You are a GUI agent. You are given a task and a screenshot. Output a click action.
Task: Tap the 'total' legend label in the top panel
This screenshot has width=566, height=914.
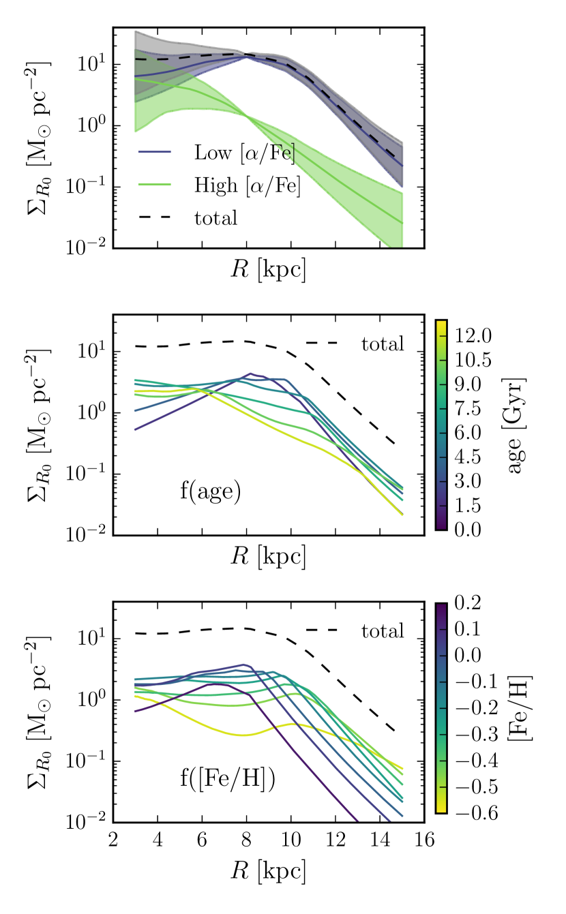216,218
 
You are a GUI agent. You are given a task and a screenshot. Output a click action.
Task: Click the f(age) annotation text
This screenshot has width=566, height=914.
211,491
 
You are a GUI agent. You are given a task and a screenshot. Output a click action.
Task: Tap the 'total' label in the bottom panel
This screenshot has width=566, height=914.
383,631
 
